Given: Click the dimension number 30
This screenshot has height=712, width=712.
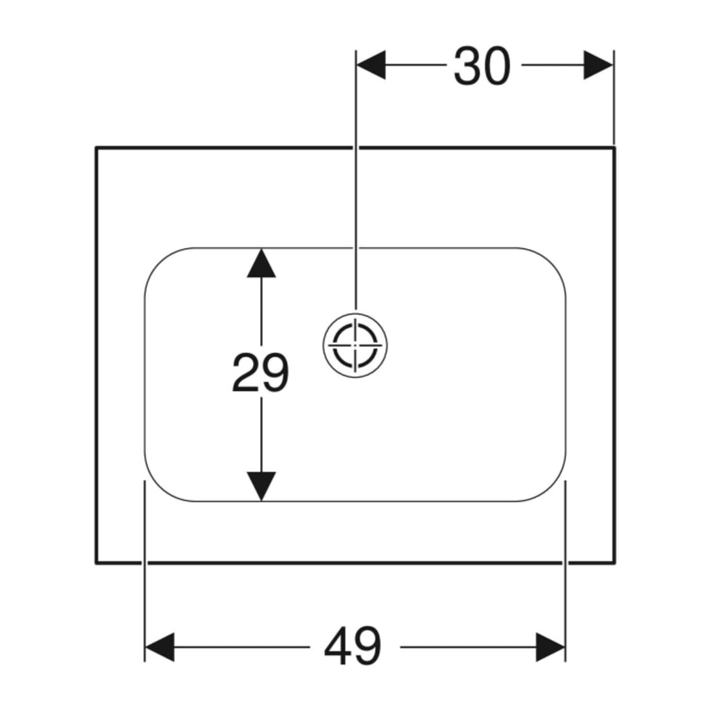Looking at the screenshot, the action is (x=482, y=66).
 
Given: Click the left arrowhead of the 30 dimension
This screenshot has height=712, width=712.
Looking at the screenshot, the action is (x=371, y=65).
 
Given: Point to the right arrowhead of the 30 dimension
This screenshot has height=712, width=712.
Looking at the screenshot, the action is (x=599, y=65).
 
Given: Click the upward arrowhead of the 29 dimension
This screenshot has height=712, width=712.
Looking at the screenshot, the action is (x=261, y=263).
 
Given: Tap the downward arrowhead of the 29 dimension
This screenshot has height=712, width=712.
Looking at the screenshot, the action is (x=261, y=486).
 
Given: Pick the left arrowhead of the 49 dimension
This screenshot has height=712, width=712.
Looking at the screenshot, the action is (x=159, y=647).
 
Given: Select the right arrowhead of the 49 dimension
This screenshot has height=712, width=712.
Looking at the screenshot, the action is (x=550, y=647).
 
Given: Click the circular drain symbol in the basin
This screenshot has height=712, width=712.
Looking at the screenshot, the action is (x=355, y=345).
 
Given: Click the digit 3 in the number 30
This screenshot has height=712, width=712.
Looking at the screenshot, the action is (x=468, y=66).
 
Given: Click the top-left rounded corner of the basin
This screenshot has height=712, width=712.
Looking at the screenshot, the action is (x=159, y=262).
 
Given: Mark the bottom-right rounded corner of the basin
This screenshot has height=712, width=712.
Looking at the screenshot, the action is (x=551, y=487).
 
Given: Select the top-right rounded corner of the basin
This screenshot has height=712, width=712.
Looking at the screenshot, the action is (x=551, y=262).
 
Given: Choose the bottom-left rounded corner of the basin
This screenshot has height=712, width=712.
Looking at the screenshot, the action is (x=159, y=487).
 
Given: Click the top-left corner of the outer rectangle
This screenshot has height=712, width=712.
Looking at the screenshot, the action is (x=96, y=147).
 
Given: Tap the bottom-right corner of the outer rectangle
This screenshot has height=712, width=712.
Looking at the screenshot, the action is (x=615, y=563).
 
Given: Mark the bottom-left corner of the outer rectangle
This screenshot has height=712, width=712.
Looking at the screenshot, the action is (x=96, y=563).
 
